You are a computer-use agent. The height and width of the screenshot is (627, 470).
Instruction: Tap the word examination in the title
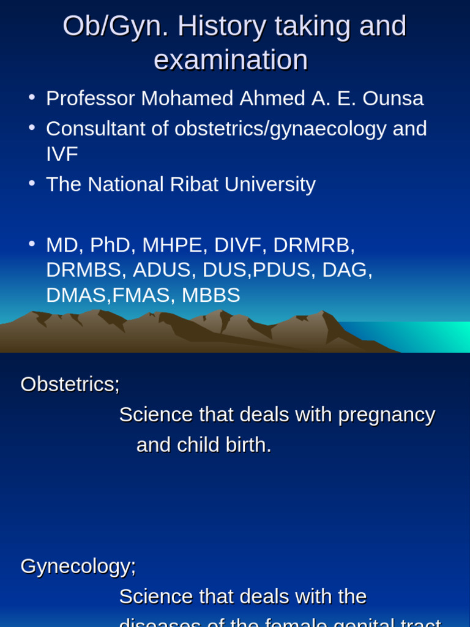(x=231, y=60)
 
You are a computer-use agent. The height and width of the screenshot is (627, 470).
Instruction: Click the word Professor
(x=91, y=98)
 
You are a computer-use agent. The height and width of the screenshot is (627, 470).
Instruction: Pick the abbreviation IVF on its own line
(x=62, y=154)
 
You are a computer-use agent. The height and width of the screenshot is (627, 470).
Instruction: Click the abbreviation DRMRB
(x=312, y=245)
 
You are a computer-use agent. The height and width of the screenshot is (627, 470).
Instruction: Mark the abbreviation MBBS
(x=211, y=295)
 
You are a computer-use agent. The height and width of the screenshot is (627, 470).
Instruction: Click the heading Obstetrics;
(x=70, y=384)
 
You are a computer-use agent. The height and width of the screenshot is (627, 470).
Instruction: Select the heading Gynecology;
(x=78, y=566)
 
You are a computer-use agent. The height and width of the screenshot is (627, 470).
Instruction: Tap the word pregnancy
(x=386, y=415)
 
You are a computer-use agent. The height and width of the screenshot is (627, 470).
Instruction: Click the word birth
(x=248, y=445)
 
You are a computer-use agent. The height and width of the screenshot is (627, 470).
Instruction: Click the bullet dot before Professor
(x=32, y=97)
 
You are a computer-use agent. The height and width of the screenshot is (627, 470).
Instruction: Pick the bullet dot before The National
(x=32, y=183)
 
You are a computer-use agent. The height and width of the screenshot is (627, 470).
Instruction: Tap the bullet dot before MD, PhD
(x=32, y=244)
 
